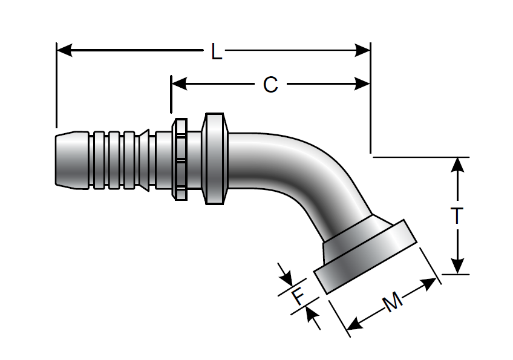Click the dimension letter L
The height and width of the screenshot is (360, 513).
point(216,52)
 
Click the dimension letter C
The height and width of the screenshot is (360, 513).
point(270,85)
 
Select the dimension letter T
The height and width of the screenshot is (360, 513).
point(458,216)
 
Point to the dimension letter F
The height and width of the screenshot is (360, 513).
point(298,296)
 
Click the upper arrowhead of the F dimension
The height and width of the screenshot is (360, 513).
point(286,279)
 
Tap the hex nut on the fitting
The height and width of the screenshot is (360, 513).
point(180,159)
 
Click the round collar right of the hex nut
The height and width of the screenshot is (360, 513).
point(216,159)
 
